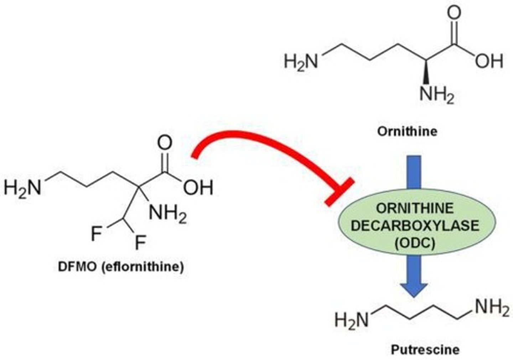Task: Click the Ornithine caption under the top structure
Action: (x=407, y=132)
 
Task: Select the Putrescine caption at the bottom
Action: (x=425, y=349)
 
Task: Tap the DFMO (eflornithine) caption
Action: (x=121, y=267)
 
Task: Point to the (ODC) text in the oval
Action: (x=415, y=243)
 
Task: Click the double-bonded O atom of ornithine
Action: (x=454, y=13)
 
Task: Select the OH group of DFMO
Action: (x=198, y=188)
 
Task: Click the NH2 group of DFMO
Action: (x=167, y=215)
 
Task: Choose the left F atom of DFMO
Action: (x=97, y=234)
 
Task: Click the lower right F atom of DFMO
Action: (x=140, y=243)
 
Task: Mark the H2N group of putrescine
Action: (x=351, y=319)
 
